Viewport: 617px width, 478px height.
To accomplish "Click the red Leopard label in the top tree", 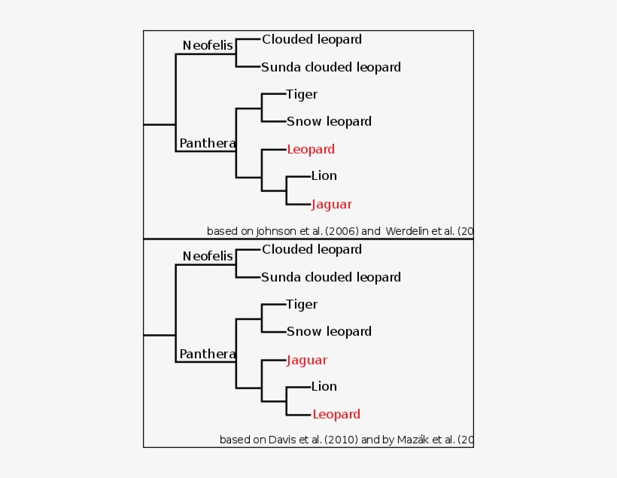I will (x=310, y=149).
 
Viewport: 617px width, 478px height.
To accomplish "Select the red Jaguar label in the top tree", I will (x=331, y=204).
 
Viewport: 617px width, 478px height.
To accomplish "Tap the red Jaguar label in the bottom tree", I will (x=306, y=360).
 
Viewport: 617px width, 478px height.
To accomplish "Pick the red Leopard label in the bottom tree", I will (x=336, y=414).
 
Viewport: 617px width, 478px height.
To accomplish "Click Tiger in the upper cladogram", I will (x=302, y=94).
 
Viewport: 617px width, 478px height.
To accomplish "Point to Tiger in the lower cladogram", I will (x=302, y=304).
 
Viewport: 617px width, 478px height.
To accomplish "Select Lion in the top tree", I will (x=324, y=175).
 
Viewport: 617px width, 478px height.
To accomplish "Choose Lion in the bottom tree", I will (x=324, y=386).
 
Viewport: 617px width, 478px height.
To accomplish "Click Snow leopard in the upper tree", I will (x=329, y=121).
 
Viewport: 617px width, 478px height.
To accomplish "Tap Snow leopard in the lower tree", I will (x=329, y=331).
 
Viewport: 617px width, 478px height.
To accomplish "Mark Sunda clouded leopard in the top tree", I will (x=331, y=67).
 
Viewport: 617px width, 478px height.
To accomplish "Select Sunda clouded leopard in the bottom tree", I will (x=331, y=277).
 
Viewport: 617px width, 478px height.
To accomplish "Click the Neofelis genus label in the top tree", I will (x=208, y=46).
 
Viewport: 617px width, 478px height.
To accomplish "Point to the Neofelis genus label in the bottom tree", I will (x=208, y=257).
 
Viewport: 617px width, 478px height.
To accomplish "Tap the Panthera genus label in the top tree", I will (x=207, y=143).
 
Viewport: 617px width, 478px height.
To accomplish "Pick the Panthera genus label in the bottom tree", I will (x=207, y=354).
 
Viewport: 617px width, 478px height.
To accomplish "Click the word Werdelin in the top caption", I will (x=408, y=231).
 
